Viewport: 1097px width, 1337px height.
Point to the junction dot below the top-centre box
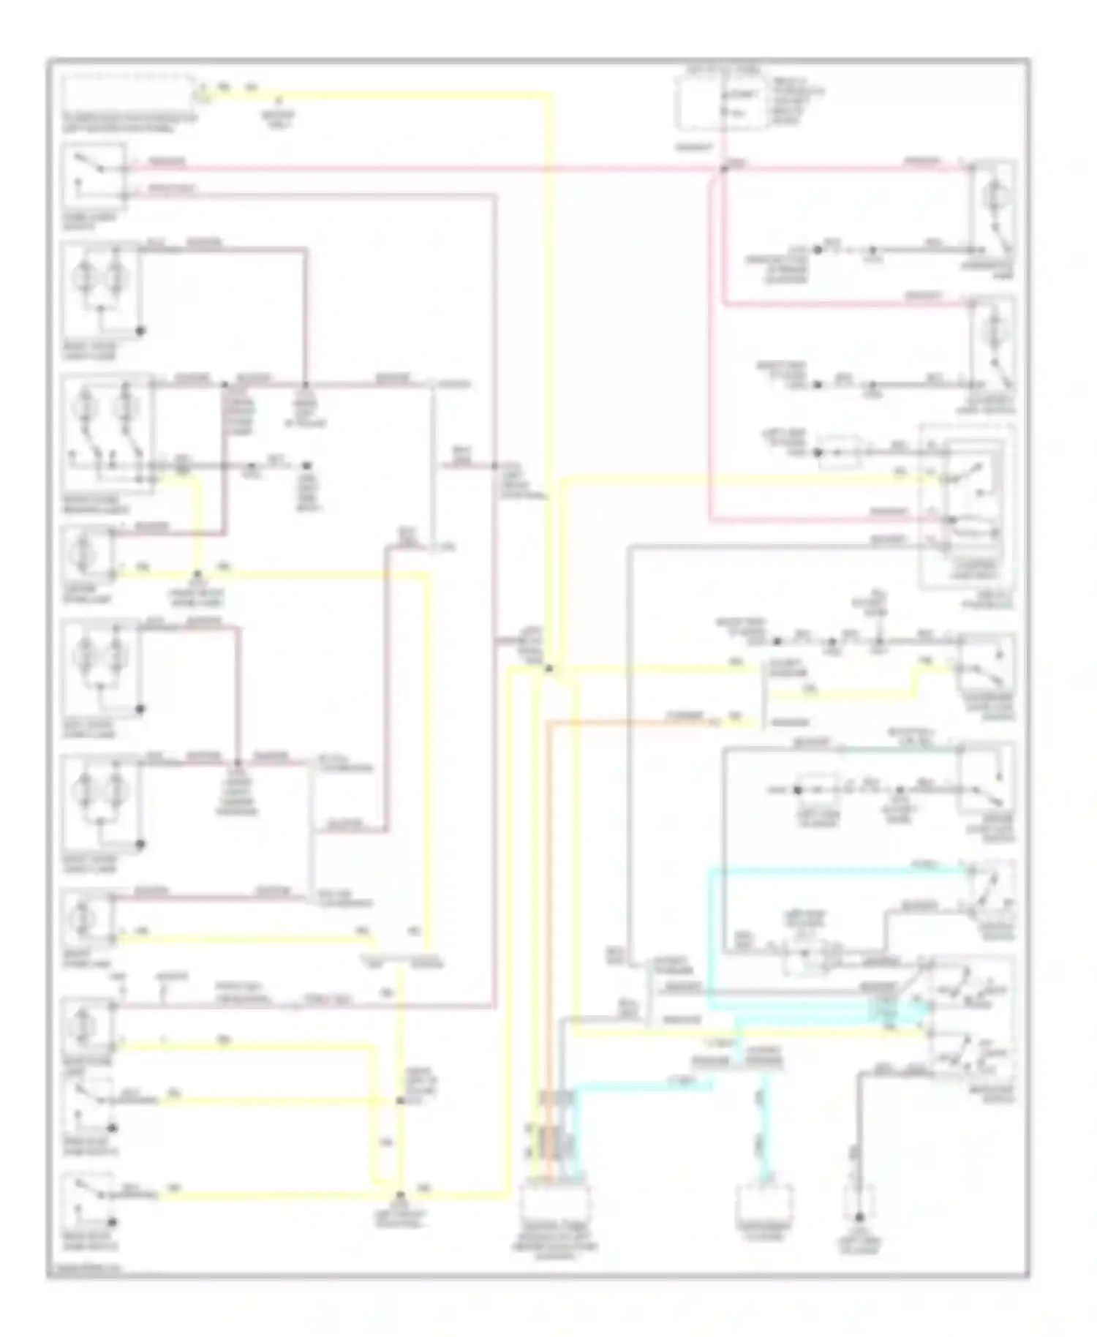[x=723, y=169]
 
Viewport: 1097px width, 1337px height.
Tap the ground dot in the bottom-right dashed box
[x=859, y=1217]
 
